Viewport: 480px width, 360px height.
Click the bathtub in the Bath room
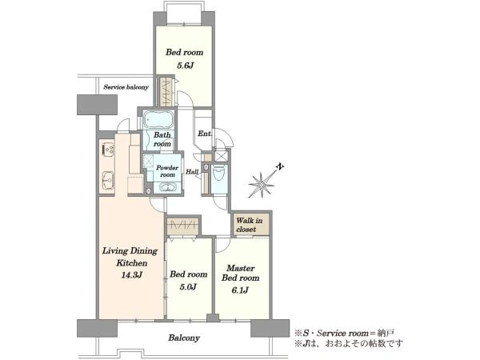tap(158, 120)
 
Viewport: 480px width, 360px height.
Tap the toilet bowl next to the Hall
tap(219, 174)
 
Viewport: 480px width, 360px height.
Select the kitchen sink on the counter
tap(107, 181)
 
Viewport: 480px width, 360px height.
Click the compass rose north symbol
tap(262, 184)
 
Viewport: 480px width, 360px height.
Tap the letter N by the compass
tap(280, 167)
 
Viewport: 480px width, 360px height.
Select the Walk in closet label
tap(249, 225)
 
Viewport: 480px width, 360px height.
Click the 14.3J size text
tap(132, 275)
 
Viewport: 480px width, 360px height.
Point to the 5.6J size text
tap(185, 66)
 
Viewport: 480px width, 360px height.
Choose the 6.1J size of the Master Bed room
tap(240, 290)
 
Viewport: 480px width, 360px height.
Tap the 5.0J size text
tap(188, 287)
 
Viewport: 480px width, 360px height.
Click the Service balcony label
tap(126, 87)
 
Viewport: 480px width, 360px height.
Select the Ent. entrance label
tap(205, 134)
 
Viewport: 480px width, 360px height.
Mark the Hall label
tap(192, 172)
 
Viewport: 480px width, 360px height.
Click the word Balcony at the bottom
tap(184, 338)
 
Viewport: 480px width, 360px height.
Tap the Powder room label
tap(167, 171)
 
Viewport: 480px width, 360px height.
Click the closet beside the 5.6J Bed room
tap(166, 91)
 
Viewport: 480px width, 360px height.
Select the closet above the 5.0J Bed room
tap(182, 226)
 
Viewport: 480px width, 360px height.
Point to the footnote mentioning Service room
tap(344, 333)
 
